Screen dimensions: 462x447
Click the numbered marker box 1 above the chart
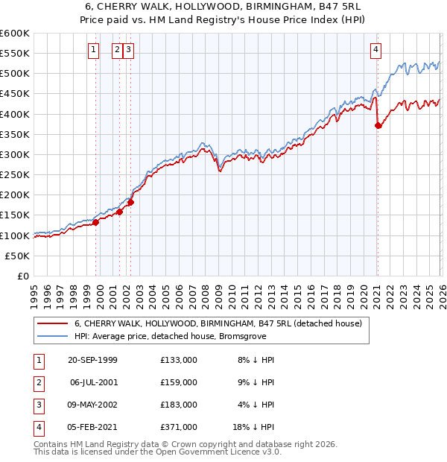pyautogui.click(x=93, y=50)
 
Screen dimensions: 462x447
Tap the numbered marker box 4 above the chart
pyautogui.click(x=376, y=50)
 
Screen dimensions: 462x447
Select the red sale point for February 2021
pyautogui.click(x=378, y=126)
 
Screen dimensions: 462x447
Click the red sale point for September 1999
pyautogui.click(x=96, y=222)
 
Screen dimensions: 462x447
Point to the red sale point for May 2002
pyautogui.click(x=130, y=202)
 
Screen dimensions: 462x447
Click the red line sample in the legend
pyautogui.click(x=52, y=323)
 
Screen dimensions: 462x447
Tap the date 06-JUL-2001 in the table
pyautogui.click(x=93, y=382)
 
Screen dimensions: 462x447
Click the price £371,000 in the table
pyautogui.click(x=179, y=427)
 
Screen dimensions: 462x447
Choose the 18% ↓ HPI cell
pyautogui.click(x=255, y=427)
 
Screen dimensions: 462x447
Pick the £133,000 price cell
pyautogui.click(x=179, y=360)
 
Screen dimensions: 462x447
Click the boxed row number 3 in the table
pyautogui.click(x=36, y=405)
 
